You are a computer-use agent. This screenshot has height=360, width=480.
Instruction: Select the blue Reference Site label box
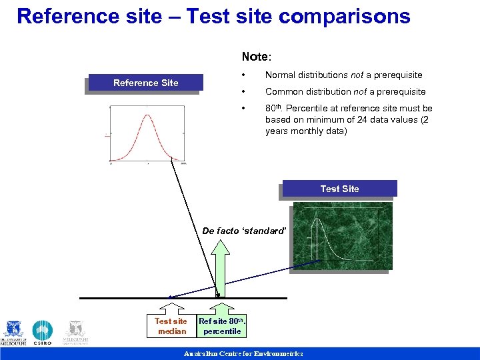click(x=145, y=83)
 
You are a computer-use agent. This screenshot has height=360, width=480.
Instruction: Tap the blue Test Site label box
click(x=339, y=189)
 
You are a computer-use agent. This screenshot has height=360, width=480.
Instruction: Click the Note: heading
click(x=257, y=57)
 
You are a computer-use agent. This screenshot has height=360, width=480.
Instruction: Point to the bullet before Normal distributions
click(x=246, y=75)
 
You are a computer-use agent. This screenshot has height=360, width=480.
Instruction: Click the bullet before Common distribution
click(x=246, y=92)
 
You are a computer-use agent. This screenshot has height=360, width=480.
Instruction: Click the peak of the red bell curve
click(x=147, y=116)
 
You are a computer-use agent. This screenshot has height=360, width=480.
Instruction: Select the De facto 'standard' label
click(x=244, y=231)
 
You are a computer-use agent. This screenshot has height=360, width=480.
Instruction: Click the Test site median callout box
click(x=171, y=325)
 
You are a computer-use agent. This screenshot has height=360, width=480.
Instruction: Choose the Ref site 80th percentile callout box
click(x=222, y=325)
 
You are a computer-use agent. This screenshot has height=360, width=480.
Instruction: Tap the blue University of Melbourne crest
click(x=13, y=332)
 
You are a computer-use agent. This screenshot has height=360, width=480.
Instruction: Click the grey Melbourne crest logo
click(x=76, y=332)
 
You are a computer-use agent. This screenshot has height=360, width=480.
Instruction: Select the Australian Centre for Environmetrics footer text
click(x=243, y=354)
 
